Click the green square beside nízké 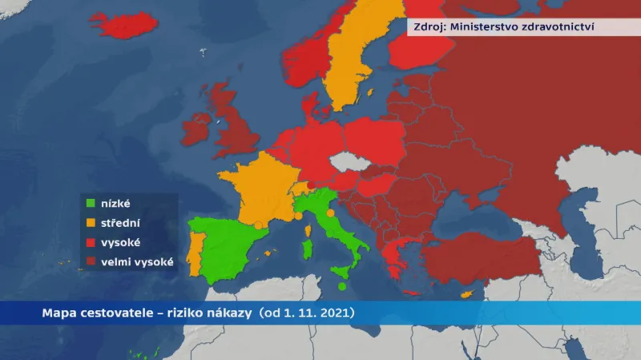91,204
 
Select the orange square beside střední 91,222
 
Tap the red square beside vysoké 91,241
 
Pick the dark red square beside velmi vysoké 91,261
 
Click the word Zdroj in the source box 428,26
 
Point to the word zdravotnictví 558,26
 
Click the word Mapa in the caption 58,312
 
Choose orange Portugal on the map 192,249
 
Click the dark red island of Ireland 197,131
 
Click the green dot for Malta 342,287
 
